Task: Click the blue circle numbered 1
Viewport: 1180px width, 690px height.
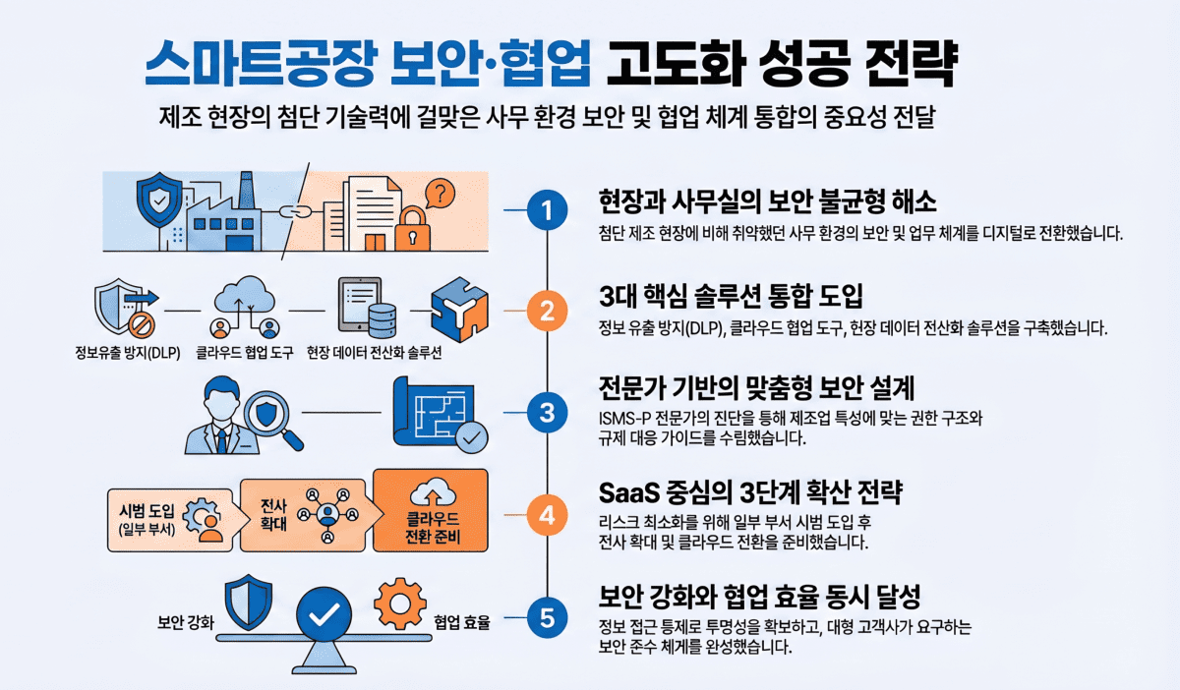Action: [x=548, y=210]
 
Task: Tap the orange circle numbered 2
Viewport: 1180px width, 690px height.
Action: [x=548, y=311]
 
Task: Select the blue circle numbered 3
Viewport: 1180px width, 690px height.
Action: [x=548, y=413]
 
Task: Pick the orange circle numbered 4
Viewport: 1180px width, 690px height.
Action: [x=548, y=515]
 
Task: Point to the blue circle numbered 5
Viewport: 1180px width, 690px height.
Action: [x=548, y=618]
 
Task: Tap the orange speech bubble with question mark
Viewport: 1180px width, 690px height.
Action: [x=440, y=194]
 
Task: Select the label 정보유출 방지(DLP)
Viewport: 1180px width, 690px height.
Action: [x=128, y=353]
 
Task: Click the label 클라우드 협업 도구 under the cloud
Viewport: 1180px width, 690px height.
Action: [x=245, y=353]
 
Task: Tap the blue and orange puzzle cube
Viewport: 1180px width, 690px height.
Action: [x=459, y=310]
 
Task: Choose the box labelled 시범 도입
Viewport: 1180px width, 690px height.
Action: [x=169, y=520]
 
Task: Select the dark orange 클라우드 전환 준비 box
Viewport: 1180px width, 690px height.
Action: [x=431, y=510]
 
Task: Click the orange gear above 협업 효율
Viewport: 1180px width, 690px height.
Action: [x=400, y=604]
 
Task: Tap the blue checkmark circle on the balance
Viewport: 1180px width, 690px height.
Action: [x=324, y=614]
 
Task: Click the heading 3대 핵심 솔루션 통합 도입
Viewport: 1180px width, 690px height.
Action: [x=732, y=296]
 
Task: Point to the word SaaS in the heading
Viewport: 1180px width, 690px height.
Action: [x=629, y=493]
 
